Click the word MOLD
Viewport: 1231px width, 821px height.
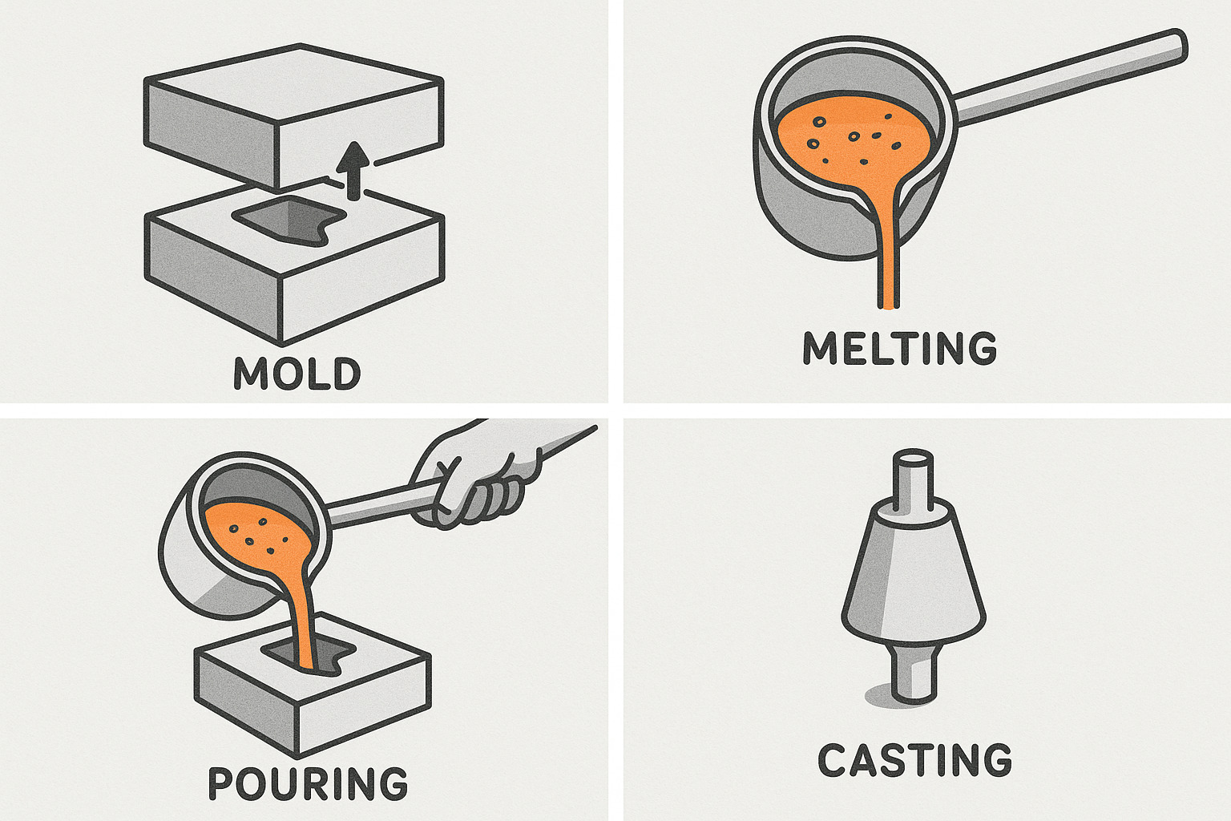[x=297, y=374]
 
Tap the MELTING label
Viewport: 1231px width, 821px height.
[x=900, y=348]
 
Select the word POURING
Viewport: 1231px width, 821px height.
[x=309, y=783]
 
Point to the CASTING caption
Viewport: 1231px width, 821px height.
[x=914, y=760]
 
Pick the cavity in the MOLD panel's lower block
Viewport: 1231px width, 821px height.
[x=289, y=220]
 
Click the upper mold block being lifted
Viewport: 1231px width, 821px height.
[x=293, y=116]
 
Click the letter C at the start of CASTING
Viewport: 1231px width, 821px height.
[x=832, y=760]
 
